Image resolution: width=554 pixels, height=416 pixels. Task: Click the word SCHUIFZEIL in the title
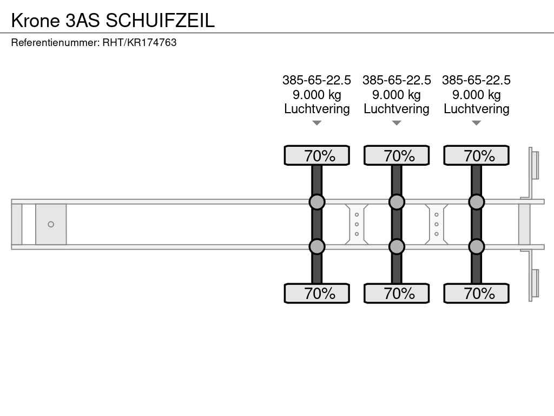click(x=160, y=20)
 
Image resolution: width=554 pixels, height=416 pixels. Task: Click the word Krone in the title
click(x=36, y=20)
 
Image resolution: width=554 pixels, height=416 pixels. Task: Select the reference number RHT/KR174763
click(x=140, y=42)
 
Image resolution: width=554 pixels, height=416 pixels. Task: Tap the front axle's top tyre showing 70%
click(x=317, y=155)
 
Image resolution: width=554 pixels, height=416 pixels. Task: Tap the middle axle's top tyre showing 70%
click(x=397, y=155)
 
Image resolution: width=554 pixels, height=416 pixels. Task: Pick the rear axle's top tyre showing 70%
click(x=476, y=155)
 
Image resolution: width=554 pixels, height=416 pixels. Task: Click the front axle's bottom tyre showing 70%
click(x=317, y=293)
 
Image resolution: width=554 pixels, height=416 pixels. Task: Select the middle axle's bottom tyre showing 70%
click(x=397, y=293)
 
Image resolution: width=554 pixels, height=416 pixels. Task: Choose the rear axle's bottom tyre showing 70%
click(x=476, y=293)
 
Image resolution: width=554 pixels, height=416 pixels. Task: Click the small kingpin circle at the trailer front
click(x=51, y=224)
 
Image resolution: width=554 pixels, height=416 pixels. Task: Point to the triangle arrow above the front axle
click(x=317, y=123)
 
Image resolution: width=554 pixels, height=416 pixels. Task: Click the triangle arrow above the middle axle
click(x=397, y=123)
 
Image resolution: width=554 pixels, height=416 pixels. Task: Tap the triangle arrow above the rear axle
click(x=476, y=123)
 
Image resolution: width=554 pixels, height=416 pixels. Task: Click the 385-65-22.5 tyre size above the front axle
click(x=316, y=80)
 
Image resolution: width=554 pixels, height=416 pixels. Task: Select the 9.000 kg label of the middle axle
click(x=397, y=95)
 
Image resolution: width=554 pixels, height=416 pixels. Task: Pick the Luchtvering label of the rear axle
click(x=476, y=109)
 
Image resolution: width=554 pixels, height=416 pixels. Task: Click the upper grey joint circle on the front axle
click(x=317, y=202)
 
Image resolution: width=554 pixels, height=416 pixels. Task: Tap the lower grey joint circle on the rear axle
click(x=476, y=246)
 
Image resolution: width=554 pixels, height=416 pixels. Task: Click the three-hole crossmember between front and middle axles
click(x=357, y=224)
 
